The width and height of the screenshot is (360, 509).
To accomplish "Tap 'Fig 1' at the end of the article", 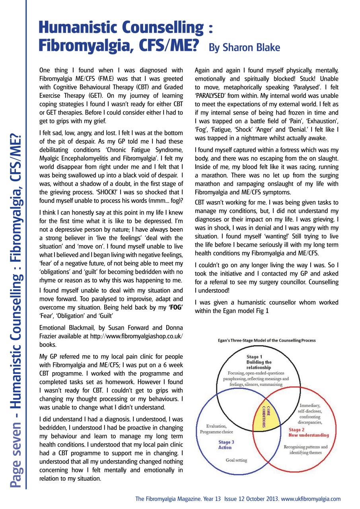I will pos(262,311).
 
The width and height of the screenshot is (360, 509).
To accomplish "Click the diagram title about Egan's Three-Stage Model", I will pos(267,340).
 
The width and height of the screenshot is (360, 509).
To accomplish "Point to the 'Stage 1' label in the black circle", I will pos(254,357).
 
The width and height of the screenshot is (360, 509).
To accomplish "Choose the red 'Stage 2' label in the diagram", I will pos(297,429).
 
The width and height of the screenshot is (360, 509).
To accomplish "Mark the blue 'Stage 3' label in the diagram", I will pos(226,442).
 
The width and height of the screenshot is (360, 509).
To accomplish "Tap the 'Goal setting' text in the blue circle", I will pos(236,460).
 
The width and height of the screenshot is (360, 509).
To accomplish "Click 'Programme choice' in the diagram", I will pos(217,431).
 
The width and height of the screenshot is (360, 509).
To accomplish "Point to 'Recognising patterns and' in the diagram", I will pos(306,447).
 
